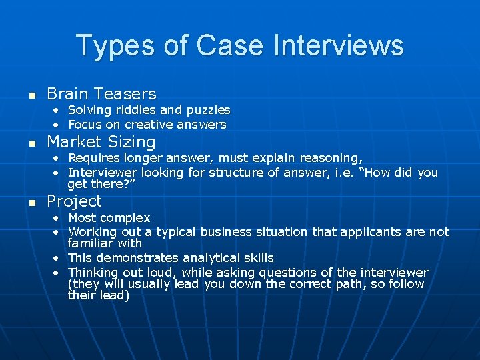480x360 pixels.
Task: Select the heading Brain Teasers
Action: pos(101,94)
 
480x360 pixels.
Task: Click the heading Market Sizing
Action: pos(101,142)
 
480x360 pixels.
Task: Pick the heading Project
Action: pos(74,201)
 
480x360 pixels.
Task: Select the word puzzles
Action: pos(208,110)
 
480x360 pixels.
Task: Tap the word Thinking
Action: pos(93,272)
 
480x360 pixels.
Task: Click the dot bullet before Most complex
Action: pos(57,219)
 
